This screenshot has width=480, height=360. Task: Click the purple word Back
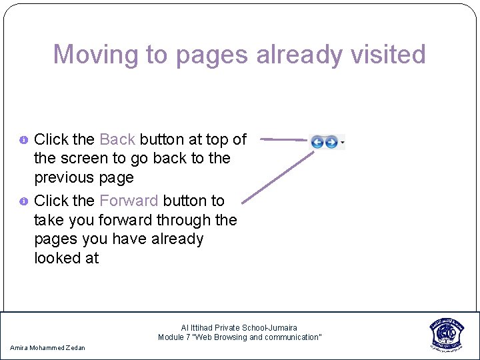click(x=117, y=139)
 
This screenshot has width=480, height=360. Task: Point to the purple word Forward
click(x=129, y=201)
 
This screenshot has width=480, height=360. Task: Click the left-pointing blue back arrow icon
click(x=317, y=141)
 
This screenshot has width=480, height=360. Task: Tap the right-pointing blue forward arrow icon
click(x=331, y=141)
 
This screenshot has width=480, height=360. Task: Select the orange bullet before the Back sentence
click(x=23, y=140)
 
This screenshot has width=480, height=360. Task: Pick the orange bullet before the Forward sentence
click(x=23, y=201)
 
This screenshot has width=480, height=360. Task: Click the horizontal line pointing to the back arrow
click(x=283, y=140)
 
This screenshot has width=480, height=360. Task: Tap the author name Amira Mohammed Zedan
click(x=48, y=348)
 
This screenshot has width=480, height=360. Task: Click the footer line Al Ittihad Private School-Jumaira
click(x=239, y=328)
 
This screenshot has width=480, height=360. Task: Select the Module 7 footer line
click(x=239, y=337)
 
